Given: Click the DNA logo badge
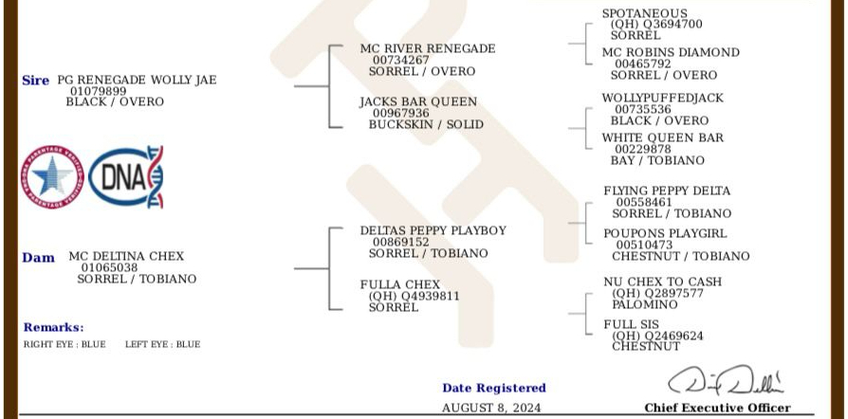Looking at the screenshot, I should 125,177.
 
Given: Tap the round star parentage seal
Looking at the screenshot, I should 53,177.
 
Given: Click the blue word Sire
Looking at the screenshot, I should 35,81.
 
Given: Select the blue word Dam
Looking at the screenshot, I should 38,258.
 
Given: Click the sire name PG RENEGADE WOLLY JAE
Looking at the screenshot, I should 137,80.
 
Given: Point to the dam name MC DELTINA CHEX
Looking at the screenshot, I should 126,256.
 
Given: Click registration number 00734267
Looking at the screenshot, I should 400,60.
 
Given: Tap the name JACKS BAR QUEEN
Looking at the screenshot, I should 418,101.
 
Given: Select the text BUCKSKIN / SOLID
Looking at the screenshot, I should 426,124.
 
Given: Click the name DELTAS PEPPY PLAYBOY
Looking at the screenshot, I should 433,230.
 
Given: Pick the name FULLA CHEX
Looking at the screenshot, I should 399,284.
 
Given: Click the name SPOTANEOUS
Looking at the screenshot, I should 644,13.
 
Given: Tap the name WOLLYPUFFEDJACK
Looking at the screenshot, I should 662,98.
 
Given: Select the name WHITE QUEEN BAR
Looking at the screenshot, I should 662,137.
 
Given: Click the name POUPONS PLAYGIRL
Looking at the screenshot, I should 665,233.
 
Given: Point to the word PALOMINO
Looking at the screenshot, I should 644,304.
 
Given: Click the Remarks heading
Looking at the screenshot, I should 53,327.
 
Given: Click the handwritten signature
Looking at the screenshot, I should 726,381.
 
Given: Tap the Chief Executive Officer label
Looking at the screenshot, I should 716,408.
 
